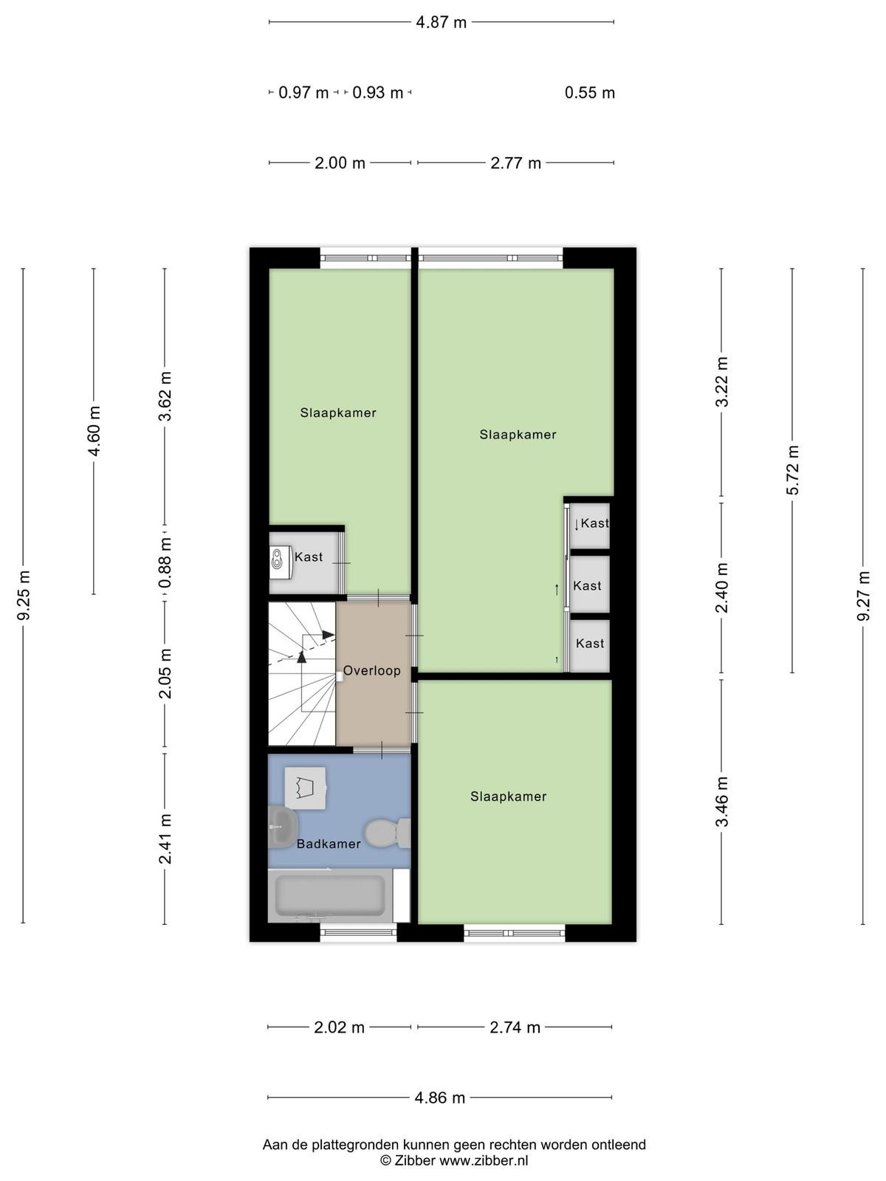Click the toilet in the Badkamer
tap(388, 833)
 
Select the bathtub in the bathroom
tap(330, 894)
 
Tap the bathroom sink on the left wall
tap(283, 827)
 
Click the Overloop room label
tap(371, 670)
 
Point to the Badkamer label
tap(329, 844)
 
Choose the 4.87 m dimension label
tap(441, 23)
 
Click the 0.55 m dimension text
tap(590, 92)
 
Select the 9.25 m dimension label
tap(23, 595)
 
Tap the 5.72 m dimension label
tap(792, 470)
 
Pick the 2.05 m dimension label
tap(165, 673)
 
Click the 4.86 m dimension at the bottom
tap(439, 1098)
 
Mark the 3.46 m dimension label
tap(722, 802)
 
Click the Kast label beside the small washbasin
tap(309, 557)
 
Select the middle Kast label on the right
tap(587, 585)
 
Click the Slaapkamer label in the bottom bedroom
tap(509, 796)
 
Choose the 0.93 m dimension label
tap(377, 92)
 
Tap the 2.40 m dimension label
tap(722, 588)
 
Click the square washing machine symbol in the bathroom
tap(306, 788)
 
